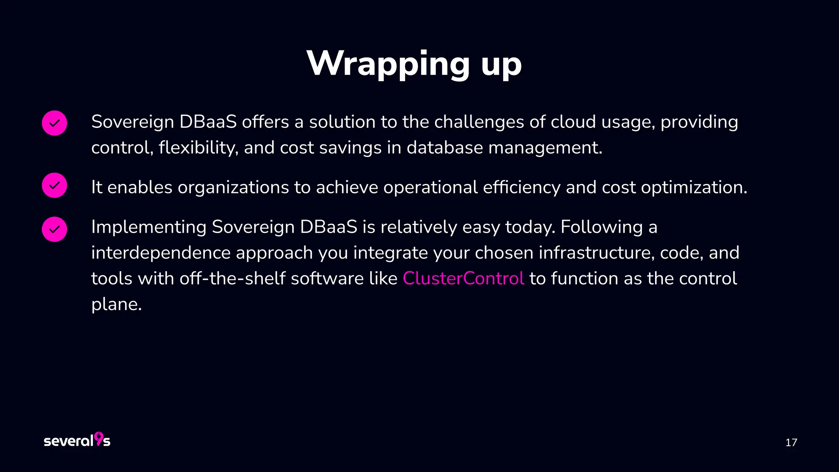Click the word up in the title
[x=501, y=66]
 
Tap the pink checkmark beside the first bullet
[x=54, y=123]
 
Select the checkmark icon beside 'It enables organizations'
[x=54, y=185]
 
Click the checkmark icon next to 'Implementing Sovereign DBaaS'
[x=54, y=229]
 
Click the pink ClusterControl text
[x=463, y=278]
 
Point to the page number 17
[x=791, y=442]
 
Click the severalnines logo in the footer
[x=77, y=440]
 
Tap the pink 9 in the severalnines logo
[x=99, y=438]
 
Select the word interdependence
[x=161, y=252]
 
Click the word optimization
[x=694, y=187]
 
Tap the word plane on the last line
[x=116, y=304]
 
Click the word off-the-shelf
[x=232, y=278]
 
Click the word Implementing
[x=149, y=227]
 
